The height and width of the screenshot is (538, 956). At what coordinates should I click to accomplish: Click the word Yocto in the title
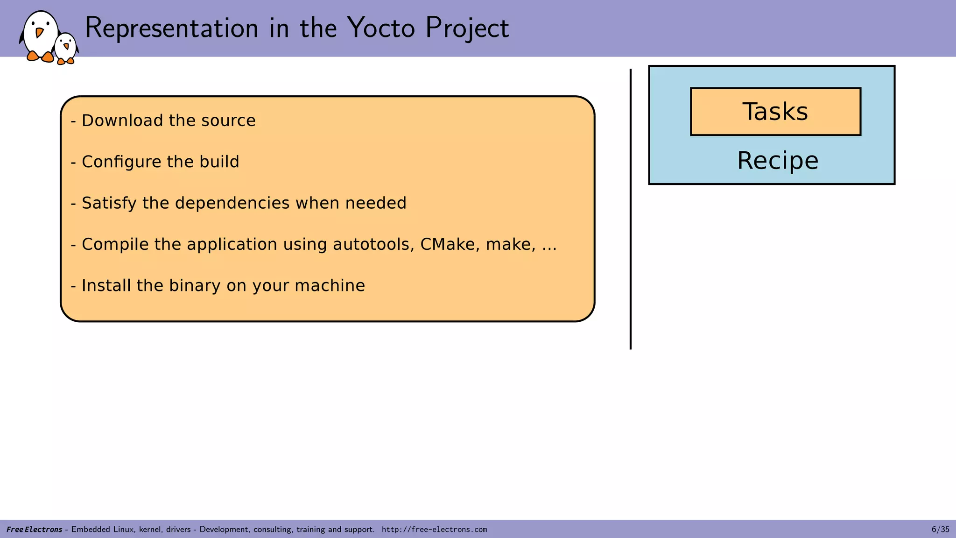381,28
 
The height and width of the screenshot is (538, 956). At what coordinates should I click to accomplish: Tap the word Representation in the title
171,28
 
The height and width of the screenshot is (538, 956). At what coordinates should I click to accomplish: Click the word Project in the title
467,28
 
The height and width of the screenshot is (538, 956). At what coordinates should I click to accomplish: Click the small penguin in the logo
66,48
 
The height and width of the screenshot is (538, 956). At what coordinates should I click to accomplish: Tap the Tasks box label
775,112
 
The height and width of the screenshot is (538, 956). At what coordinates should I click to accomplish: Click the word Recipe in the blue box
777,161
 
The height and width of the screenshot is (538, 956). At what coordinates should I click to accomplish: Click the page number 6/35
940,529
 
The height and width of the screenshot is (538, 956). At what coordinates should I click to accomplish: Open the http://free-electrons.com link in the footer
434,530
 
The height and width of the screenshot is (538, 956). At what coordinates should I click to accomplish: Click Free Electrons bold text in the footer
34,530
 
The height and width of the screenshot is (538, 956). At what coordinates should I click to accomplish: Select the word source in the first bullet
228,120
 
